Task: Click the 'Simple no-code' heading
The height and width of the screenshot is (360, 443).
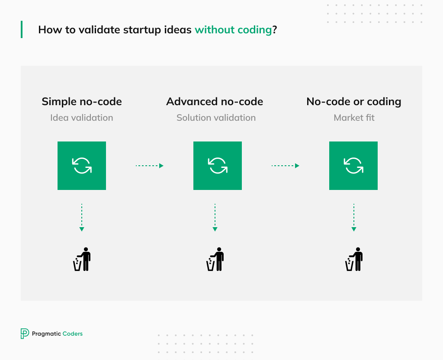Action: [82, 101]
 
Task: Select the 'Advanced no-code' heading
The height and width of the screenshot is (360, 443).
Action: [215, 101]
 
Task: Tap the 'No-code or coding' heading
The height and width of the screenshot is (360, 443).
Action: [354, 102]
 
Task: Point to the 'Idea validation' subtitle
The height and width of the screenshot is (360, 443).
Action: [82, 118]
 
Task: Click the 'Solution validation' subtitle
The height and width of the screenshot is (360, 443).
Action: [216, 118]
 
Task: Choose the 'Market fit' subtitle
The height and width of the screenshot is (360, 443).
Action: [354, 118]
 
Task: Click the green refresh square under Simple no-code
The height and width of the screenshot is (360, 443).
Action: [82, 166]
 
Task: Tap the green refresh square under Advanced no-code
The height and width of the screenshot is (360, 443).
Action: [218, 166]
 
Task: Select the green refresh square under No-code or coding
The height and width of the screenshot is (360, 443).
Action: [353, 166]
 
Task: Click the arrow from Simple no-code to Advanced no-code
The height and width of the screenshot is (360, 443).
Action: [150, 166]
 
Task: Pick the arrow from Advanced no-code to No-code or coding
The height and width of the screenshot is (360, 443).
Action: [286, 166]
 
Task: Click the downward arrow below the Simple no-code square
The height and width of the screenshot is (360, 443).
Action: [82, 218]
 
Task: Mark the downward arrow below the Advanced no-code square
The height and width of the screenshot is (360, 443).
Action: [215, 218]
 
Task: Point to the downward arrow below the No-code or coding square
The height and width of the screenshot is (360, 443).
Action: [354, 218]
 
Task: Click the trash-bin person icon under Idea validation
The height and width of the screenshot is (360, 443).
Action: [82, 259]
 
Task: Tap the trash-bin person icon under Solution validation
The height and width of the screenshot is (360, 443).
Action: [215, 259]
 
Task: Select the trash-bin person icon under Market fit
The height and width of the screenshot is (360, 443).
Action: [354, 259]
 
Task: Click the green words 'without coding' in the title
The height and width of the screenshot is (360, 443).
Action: [233, 30]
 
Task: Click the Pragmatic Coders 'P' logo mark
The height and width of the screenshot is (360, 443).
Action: [25, 334]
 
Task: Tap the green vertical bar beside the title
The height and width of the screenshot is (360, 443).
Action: [22, 29]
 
